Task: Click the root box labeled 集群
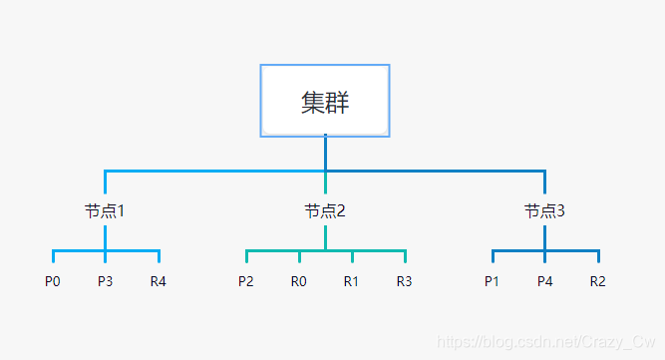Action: pos(325,101)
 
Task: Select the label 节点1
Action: pos(105,211)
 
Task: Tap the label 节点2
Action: pos(325,211)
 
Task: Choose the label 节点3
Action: pos(544,211)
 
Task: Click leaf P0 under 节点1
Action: pos(53,281)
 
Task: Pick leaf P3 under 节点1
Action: pos(106,281)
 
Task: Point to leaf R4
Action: pos(159,281)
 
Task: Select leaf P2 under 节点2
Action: pos(246,281)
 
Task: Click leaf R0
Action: pos(299,281)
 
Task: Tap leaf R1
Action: pos(351,281)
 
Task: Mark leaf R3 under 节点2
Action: pos(404,281)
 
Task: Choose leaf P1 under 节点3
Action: pos(492,281)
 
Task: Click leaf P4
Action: pos(544,281)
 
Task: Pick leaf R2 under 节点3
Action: pos(597,281)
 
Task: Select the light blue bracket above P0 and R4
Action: pos(80,250)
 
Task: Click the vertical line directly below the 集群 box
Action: pos(325,152)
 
